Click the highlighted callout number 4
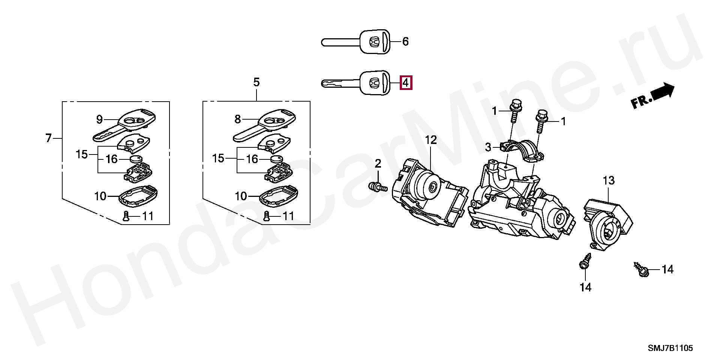pyautogui.click(x=406, y=82)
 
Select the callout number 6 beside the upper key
pyautogui.click(x=405, y=41)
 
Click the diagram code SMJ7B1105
pyautogui.click(x=670, y=348)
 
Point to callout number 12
pyautogui.click(x=431, y=140)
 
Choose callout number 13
pyautogui.click(x=609, y=181)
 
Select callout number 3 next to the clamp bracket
pyautogui.click(x=488, y=147)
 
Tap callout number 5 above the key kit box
pyautogui.click(x=256, y=82)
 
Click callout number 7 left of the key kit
pyautogui.click(x=48, y=138)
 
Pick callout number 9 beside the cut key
pyautogui.click(x=99, y=120)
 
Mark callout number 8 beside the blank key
pyautogui.click(x=238, y=119)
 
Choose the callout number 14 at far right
pyautogui.click(x=667, y=269)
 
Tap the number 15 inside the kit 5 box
pyautogui.click(x=218, y=158)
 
